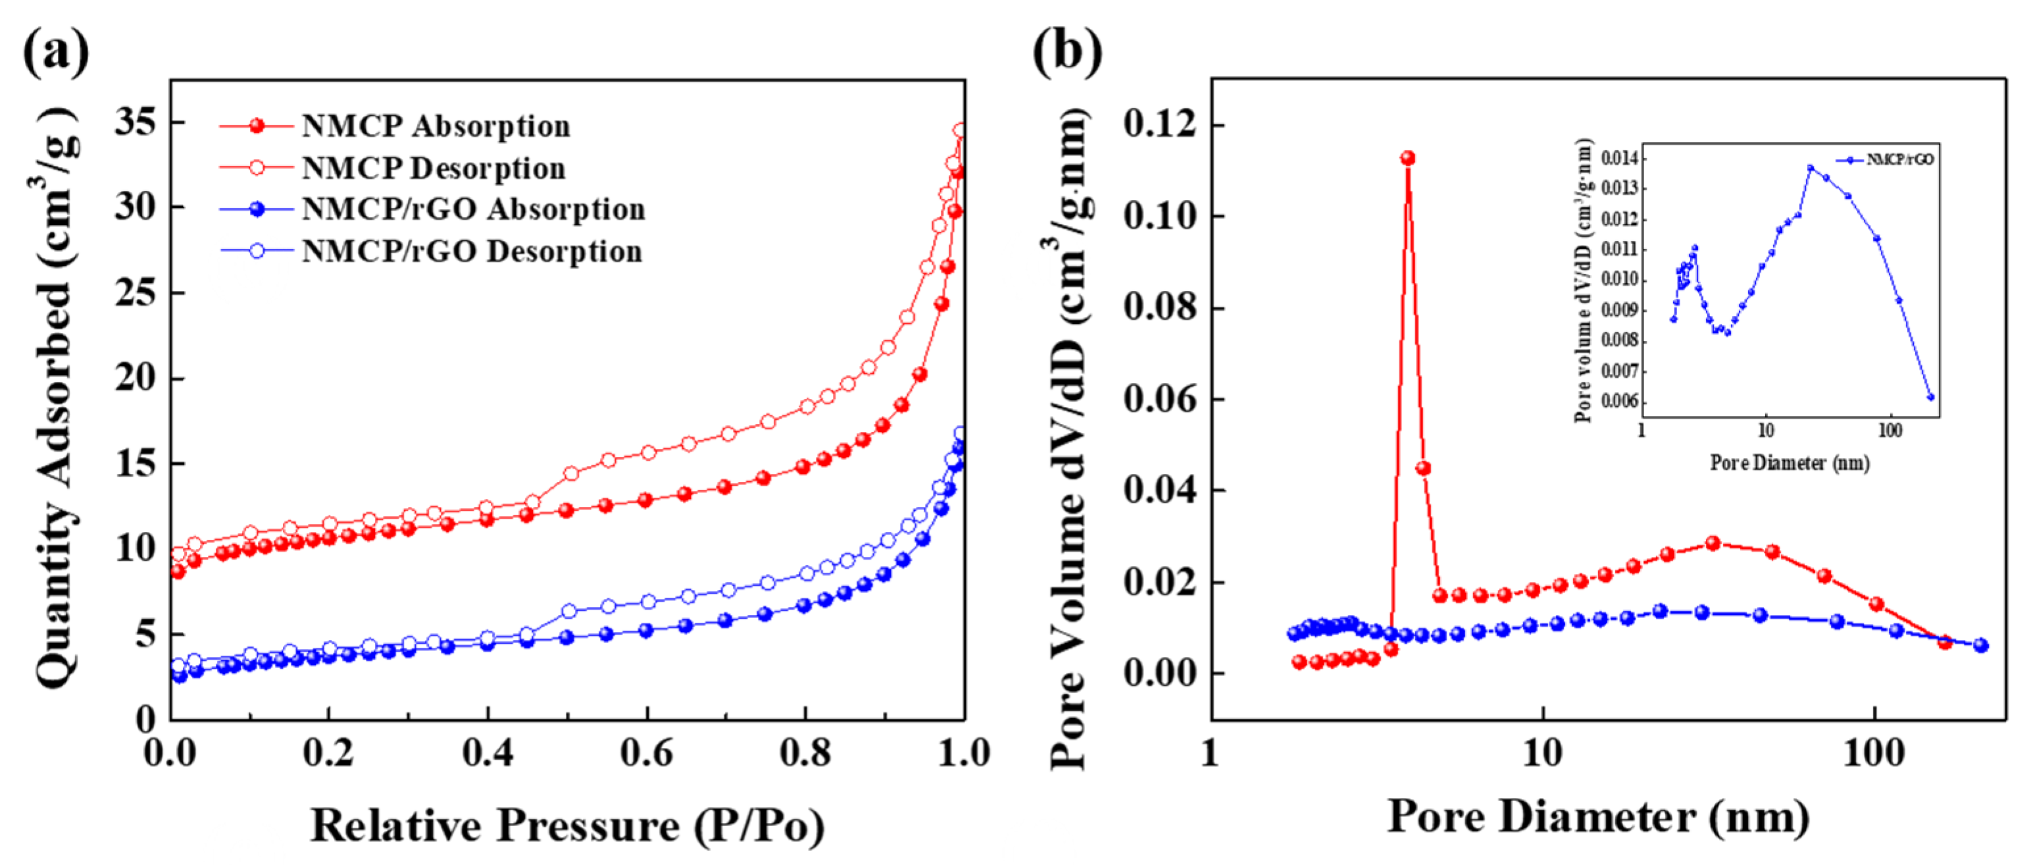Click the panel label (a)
(x=55, y=52)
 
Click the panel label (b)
(x=1067, y=52)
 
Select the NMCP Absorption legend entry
(x=436, y=126)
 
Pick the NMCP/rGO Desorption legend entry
(x=472, y=251)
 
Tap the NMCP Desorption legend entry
(x=433, y=168)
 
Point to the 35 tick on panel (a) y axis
(x=136, y=122)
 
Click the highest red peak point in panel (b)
(x=1407, y=159)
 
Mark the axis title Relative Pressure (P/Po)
(x=567, y=826)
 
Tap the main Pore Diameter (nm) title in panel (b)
(x=1598, y=817)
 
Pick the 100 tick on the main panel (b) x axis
(x=1874, y=754)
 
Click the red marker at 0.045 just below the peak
(x=1422, y=469)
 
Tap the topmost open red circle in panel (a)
(x=959, y=130)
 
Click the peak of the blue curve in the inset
(x=1810, y=168)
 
